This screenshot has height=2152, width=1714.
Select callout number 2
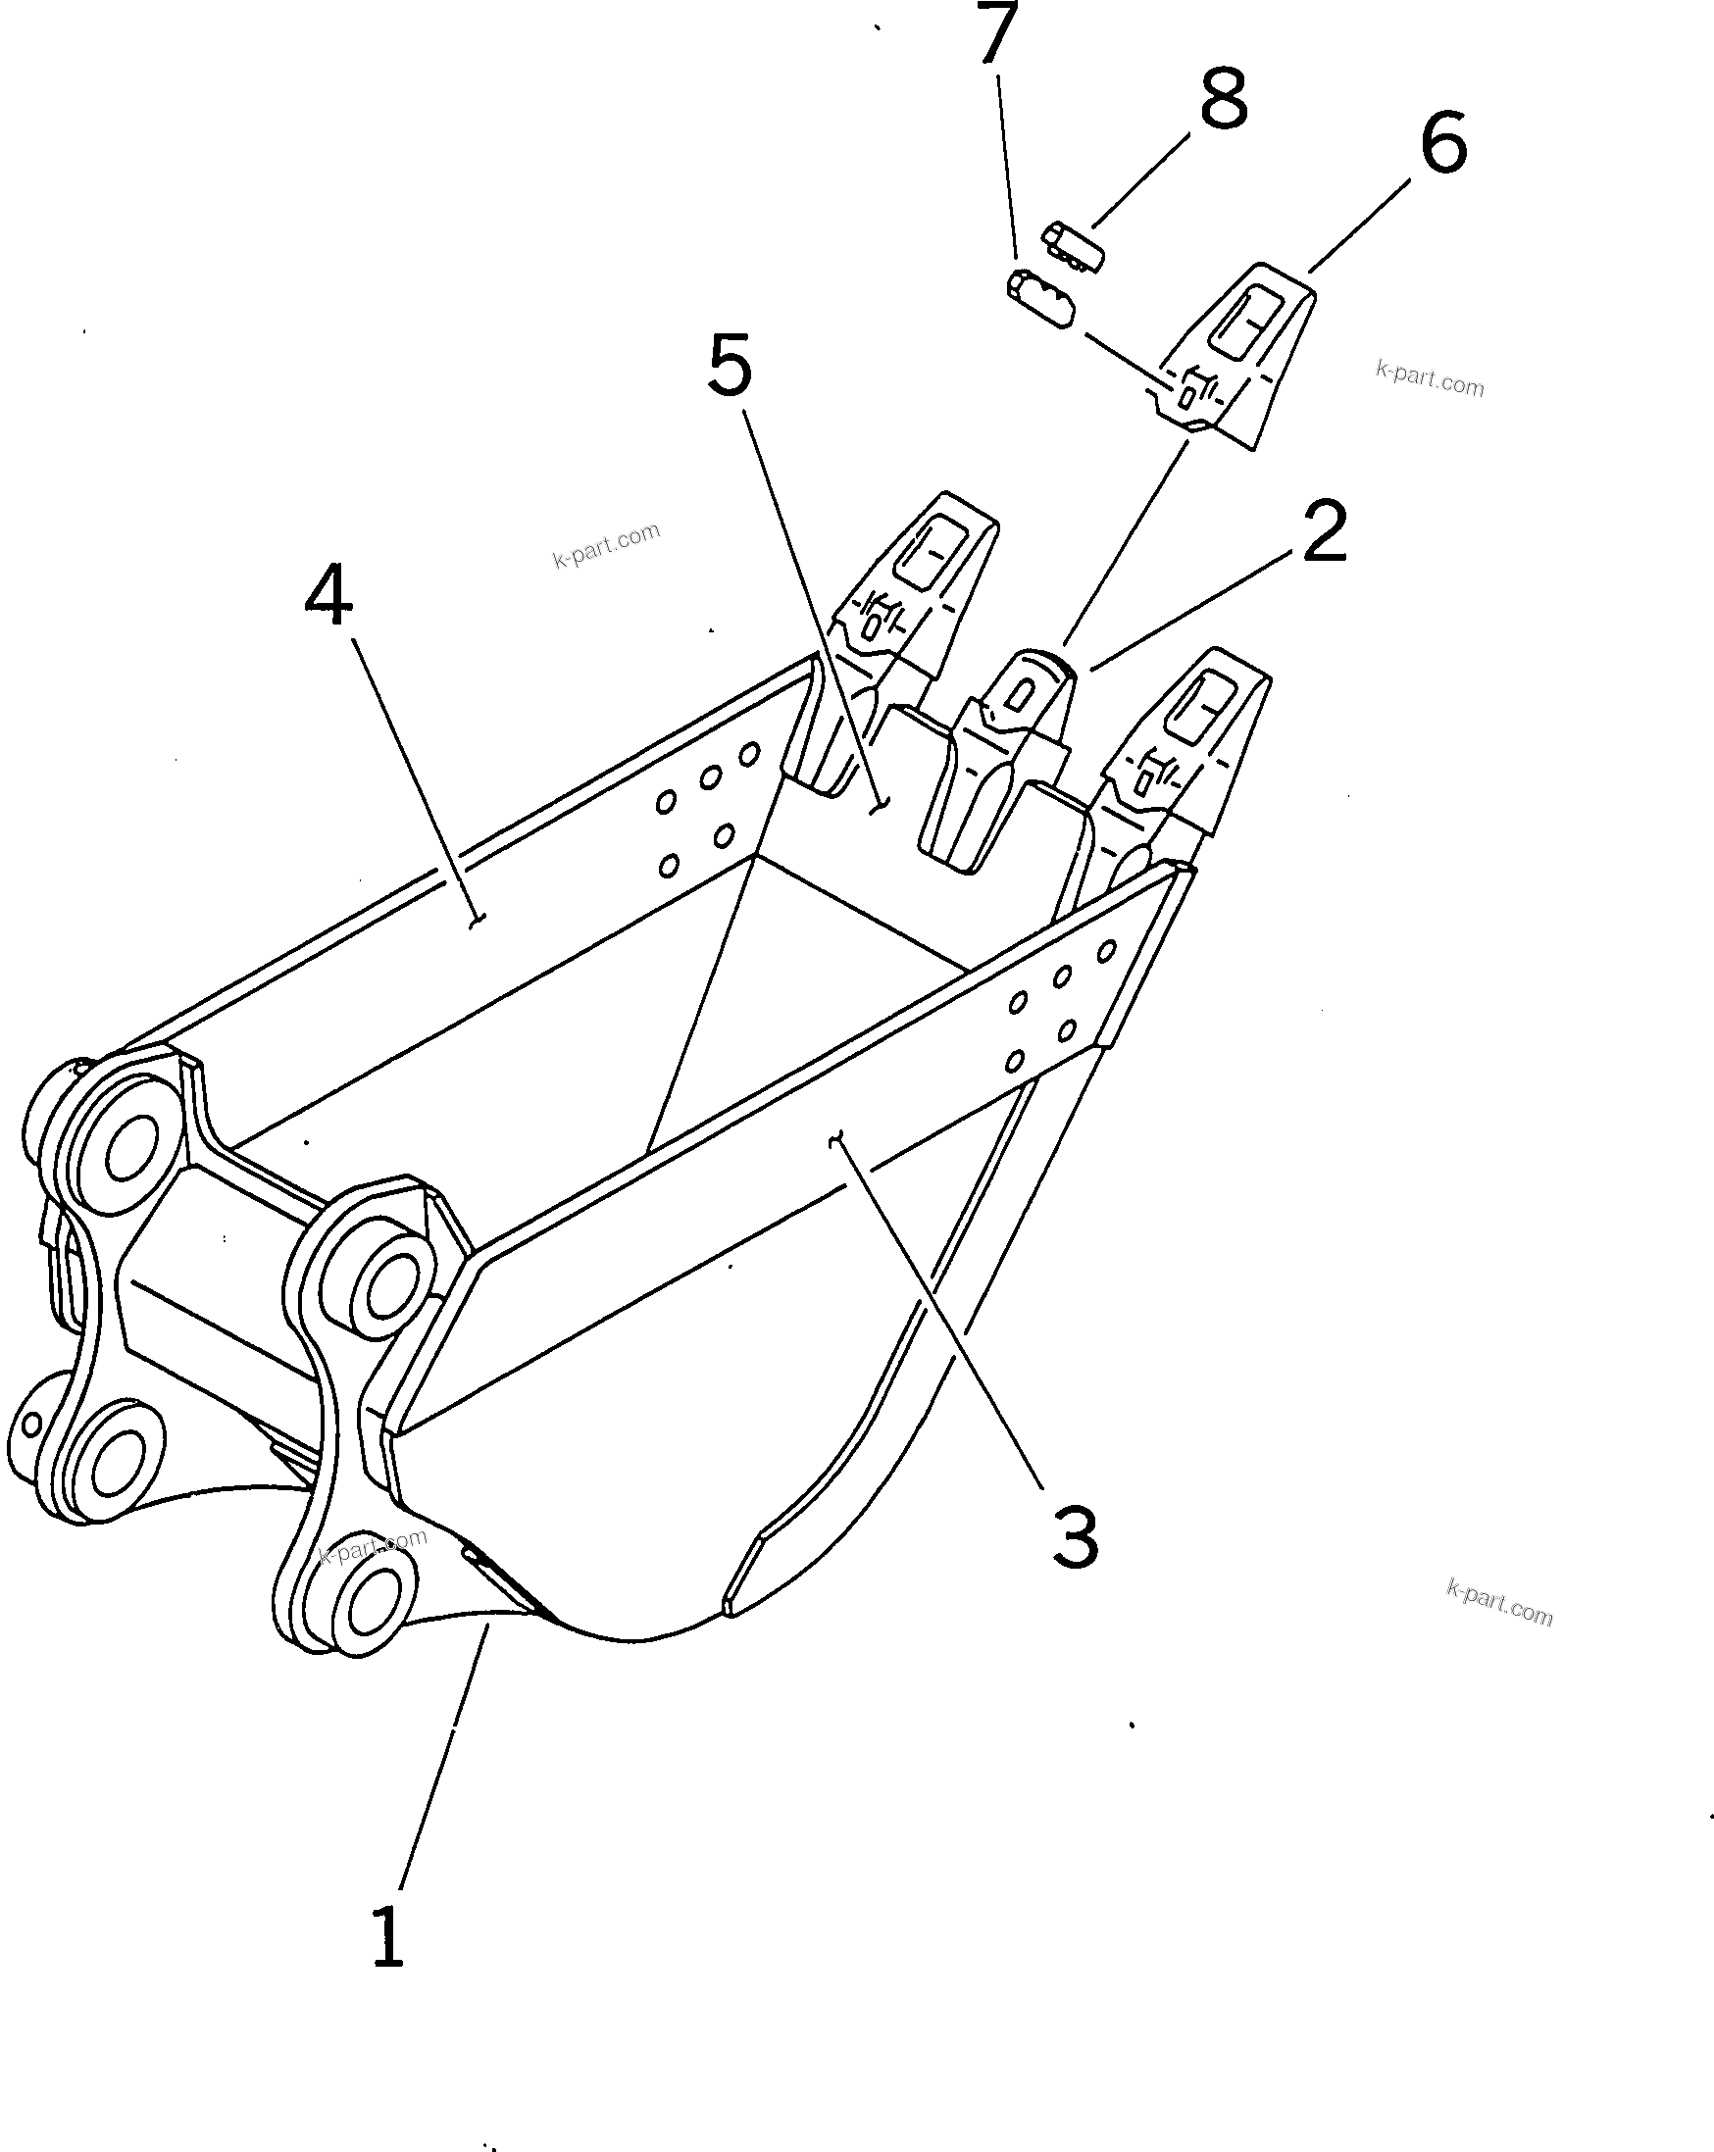pyautogui.click(x=1324, y=533)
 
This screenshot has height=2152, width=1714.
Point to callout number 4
pyautogui.click(x=328, y=596)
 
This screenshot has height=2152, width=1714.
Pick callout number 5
pyautogui.click(x=730, y=367)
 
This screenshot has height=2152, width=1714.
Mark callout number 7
pyautogui.click(x=993, y=33)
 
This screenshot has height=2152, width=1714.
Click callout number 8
pyautogui.click(x=1223, y=99)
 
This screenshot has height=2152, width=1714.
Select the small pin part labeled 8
pyautogui.click(x=1074, y=246)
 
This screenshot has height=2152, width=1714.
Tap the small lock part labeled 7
pyautogui.click(x=1039, y=298)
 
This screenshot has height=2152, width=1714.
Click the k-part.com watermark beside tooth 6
pyautogui.click(x=1429, y=379)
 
